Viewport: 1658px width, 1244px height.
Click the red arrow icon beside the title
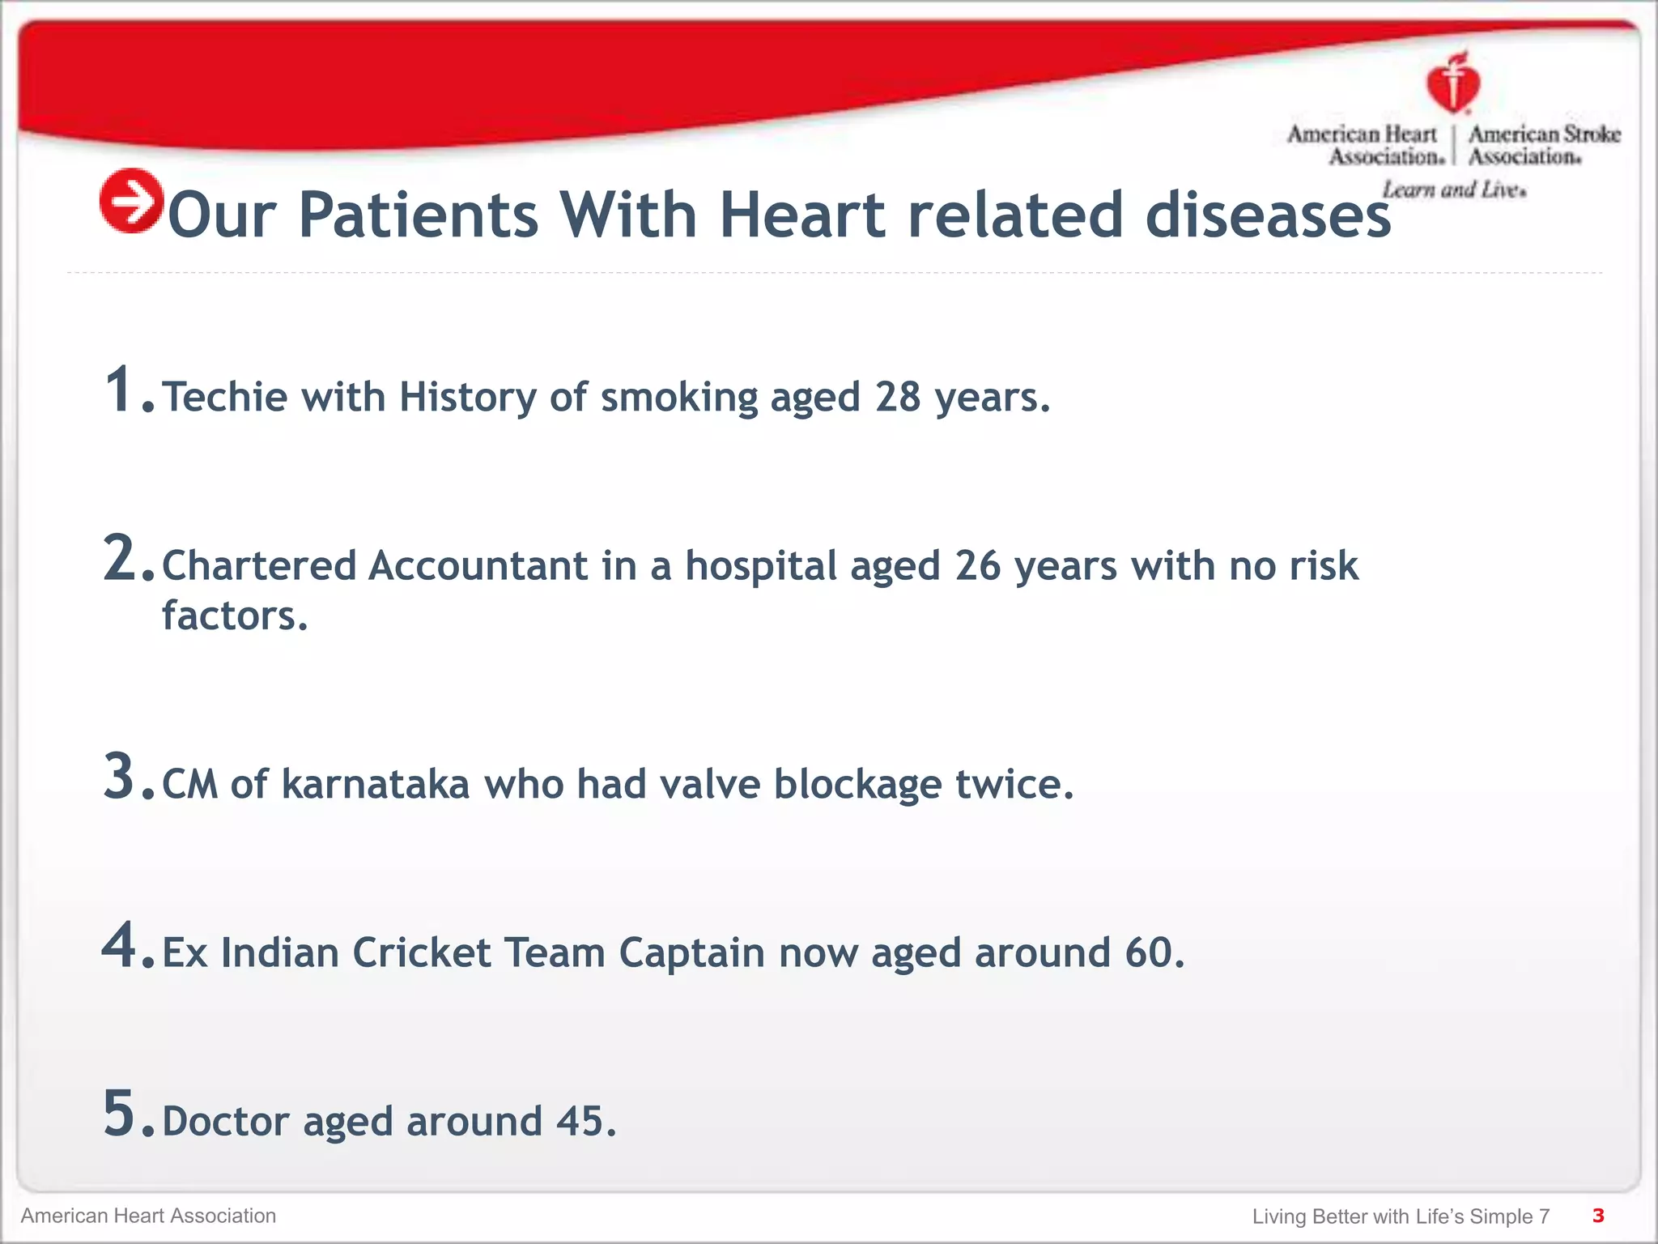click(131, 201)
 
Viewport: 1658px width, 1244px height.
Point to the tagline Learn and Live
click(1454, 190)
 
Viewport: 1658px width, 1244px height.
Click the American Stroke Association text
click(1544, 145)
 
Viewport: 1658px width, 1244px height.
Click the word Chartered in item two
click(259, 565)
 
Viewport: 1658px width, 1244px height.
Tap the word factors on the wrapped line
click(235, 616)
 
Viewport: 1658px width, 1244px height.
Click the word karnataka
click(375, 784)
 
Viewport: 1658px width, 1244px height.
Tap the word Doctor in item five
click(225, 1122)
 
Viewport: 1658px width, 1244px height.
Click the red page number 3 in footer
click(1597, 1216)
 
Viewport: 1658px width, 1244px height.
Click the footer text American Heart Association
click(148, 1216)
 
